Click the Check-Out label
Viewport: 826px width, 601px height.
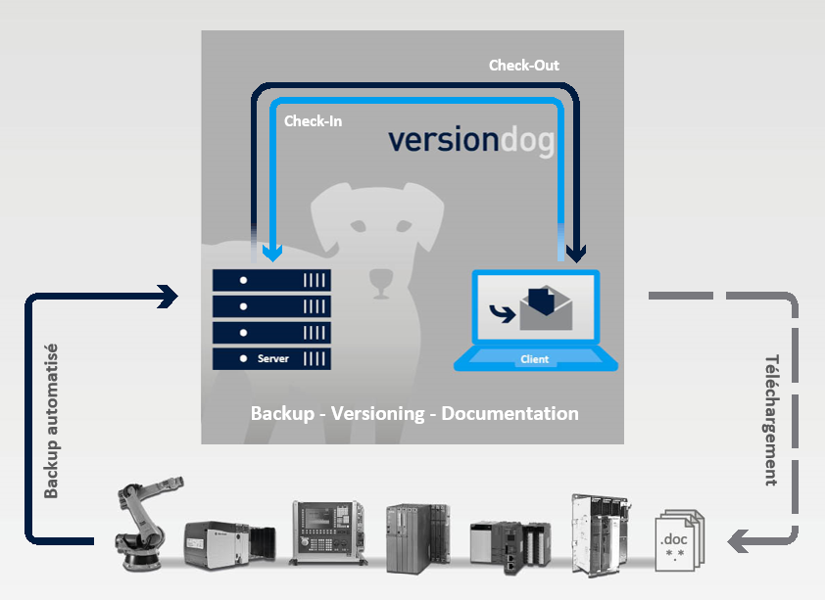coord(523,66)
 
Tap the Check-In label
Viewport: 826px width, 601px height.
coord(313,121)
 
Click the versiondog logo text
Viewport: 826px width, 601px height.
coord(471,141)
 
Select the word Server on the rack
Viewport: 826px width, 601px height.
coord(272,358)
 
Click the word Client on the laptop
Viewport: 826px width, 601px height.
coord(535,359)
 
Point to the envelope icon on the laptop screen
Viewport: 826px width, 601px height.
coord(546,308)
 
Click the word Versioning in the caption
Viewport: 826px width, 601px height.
coord(377,413)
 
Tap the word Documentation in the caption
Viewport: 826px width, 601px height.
coord(510,413)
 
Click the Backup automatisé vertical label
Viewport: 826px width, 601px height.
coord(51,421)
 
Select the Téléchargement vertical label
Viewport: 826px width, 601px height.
coord(772,420)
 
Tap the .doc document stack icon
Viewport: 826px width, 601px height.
coord(680,540)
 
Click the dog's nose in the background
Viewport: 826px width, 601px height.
coord(380,279)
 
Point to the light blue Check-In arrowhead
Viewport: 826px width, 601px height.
coord(272,254)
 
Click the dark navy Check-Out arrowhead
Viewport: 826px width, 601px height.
coord(576,254)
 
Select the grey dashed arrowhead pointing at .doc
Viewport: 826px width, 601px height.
coord(738,541)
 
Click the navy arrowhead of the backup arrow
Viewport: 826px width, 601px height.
coord(169,297)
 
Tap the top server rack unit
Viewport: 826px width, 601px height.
coord(271,281)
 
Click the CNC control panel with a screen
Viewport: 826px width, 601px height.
coord(327,532)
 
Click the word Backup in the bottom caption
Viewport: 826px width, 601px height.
coord(282,414)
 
